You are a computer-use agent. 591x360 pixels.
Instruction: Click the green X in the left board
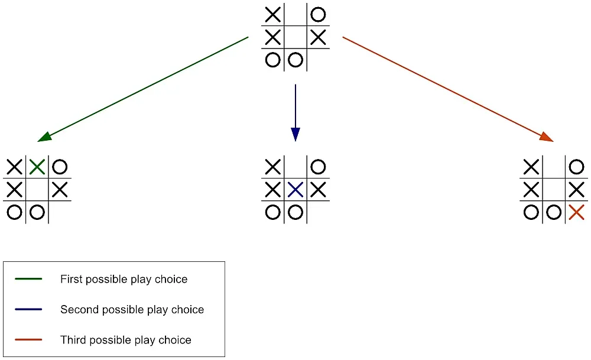37,167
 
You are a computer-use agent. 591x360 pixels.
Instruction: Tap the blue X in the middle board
295,190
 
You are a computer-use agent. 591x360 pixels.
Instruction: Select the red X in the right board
576,212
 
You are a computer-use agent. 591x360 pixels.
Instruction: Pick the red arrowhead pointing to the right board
547,137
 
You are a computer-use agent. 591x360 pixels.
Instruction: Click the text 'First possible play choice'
124,279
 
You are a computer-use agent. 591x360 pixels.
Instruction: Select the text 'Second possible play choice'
132,310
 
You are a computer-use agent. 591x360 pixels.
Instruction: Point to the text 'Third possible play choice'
125,340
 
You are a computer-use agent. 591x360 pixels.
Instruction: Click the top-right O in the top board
318,14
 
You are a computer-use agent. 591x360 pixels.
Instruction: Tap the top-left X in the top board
272,14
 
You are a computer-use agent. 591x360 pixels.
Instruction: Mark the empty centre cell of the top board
295,37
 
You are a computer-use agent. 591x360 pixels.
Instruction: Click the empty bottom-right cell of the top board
318,60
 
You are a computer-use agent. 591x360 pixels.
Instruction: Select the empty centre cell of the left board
37,190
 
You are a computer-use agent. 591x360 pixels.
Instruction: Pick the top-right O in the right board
576,167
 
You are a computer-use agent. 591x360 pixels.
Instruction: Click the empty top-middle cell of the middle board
295,167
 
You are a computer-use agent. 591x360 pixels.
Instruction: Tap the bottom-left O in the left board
14,212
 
